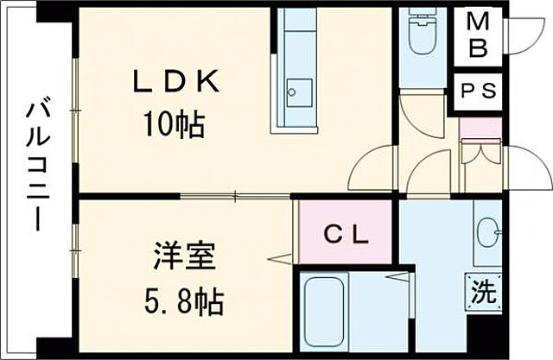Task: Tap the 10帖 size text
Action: tap(175, 126)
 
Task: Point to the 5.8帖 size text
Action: tap(184, 302)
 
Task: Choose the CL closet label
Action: tap(346, 233)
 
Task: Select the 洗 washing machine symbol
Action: tap(485, 291)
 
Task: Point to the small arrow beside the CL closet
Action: tap(277, 257)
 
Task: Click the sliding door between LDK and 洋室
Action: tap(233, 197)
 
